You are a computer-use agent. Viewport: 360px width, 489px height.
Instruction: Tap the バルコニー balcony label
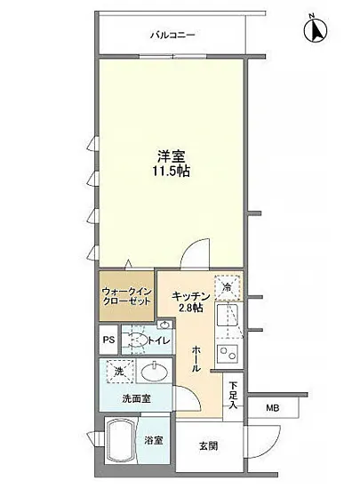(172, 36)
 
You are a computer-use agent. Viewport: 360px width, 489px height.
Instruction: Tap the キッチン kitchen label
(190, 296)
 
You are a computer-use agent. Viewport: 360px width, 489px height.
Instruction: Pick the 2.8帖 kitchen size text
(190, 309)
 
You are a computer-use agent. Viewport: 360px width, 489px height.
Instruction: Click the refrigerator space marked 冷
(228, 286)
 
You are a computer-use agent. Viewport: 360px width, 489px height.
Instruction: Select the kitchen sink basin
(228, 317)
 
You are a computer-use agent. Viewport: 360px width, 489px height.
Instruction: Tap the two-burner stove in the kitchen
(228, 356)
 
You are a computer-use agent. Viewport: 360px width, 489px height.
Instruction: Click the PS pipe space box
(108, 341)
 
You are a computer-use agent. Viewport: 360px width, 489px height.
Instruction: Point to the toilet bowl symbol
(134, 340)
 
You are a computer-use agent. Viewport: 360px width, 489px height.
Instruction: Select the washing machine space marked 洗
(118, 371)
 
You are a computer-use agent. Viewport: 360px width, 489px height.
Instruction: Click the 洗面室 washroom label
(135, 398)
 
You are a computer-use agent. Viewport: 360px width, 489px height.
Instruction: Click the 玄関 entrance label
(208, 445)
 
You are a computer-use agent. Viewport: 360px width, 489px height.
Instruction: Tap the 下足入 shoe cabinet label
(233, 396)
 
